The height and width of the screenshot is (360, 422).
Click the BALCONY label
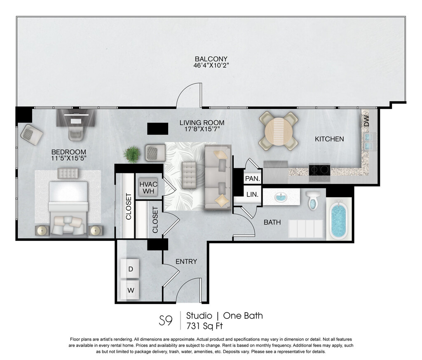tap(211, 59)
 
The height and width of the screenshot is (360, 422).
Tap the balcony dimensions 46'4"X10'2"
tap(211, 66)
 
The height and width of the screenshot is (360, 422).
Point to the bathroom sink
tap(281, 197)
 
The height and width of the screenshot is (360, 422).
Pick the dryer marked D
tap(130, 268)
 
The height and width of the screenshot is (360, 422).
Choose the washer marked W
tap(130, 290)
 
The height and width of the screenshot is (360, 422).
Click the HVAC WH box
tap(148, 188)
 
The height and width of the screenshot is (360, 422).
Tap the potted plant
tap(132, 154)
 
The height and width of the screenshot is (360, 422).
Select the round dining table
tap(279, 131)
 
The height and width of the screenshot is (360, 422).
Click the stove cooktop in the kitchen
tap(319, 173)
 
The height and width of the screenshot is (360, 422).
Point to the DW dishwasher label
tap(366, 121)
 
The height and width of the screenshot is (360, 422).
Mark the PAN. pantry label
tap(253, 178)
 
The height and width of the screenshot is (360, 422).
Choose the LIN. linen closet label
tap(253, 194)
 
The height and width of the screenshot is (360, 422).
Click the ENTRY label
tap(186, 261)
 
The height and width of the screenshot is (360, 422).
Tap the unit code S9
tap(166, 320)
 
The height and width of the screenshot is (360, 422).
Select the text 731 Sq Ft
tap(204, 326)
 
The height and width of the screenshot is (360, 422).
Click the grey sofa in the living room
tap(218, 177)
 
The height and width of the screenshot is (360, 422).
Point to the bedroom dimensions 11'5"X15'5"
tap(69, 158)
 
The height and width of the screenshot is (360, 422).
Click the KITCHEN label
tap(329, 139)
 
